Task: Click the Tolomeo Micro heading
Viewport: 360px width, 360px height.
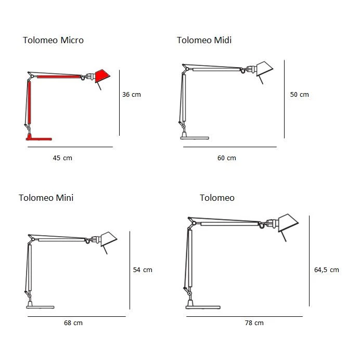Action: (x=53, y=40)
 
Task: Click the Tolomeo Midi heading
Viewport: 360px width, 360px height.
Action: (x=204, y=40)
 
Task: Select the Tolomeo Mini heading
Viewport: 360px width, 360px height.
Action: (x=46, y=198)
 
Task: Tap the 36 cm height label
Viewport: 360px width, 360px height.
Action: (x=131, y=94)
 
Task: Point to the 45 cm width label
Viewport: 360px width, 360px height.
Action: (x=62, y=158)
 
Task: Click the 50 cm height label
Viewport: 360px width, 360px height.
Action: (x=299, y=94)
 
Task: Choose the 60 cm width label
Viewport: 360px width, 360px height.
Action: (x=227, y=158)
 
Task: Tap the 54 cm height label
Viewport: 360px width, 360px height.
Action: (x=143, y=270)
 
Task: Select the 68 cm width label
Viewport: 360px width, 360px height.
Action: (x=73, y=323)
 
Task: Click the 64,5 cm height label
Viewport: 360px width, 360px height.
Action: (x=327, y=270)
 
